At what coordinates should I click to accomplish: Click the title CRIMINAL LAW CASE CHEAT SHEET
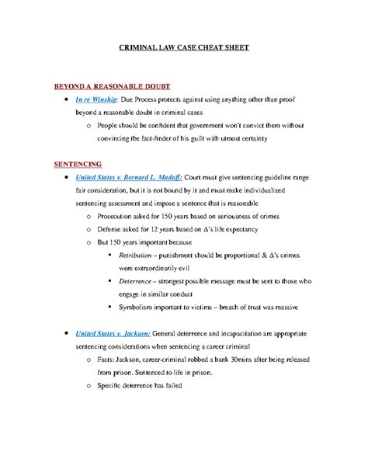coord(183,48)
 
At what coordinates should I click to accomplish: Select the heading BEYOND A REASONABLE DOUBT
coord(111,86)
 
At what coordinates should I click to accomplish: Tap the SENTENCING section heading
coord(78,165)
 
